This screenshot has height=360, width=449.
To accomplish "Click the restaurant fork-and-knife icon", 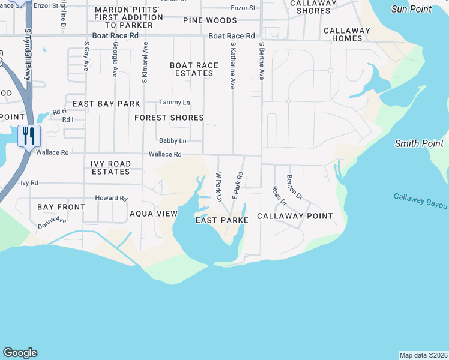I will coord(28,136).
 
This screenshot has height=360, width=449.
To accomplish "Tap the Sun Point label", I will coord(411,9).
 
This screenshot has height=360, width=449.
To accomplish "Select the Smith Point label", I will coord(419,143).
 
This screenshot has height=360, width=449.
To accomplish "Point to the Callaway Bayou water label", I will coord(421,201).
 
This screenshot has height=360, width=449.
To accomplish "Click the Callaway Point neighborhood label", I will coord(295,216).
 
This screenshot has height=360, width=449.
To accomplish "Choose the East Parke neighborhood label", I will coord(222,220).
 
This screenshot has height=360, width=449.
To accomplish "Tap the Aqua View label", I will coord(154,214).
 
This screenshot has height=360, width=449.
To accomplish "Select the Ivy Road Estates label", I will coord(110,167).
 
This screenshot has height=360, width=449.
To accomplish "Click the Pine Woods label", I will coord(210,20).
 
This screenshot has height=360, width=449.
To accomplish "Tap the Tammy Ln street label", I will coord(174,103).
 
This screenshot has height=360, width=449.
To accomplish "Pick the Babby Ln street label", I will coord(172,141).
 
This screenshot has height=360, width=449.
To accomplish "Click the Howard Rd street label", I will coord(112,198).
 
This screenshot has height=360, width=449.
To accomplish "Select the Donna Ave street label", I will coord(52,224).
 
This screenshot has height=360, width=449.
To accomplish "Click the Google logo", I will coord(20,353).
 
